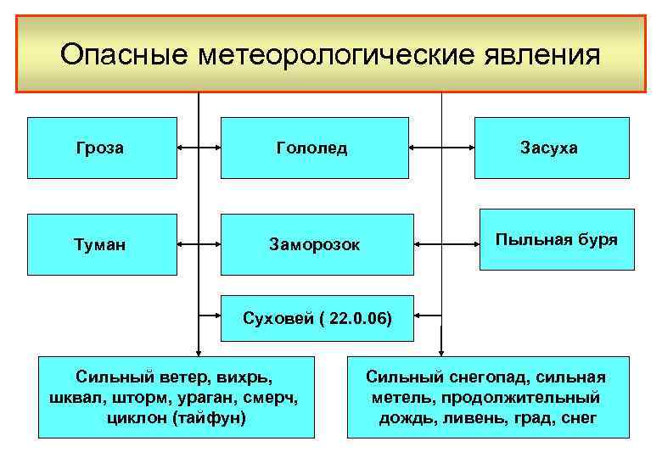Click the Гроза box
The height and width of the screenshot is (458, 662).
[103, 148]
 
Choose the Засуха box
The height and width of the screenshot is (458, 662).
[551, 148]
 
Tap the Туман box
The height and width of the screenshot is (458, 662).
[103, 245]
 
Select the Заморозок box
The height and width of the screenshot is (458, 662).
[316, 245]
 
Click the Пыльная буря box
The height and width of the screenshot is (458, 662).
[556, 239]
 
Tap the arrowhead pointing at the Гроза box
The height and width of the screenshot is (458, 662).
[182, 148]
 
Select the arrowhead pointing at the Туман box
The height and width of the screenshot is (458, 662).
[182, 245]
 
